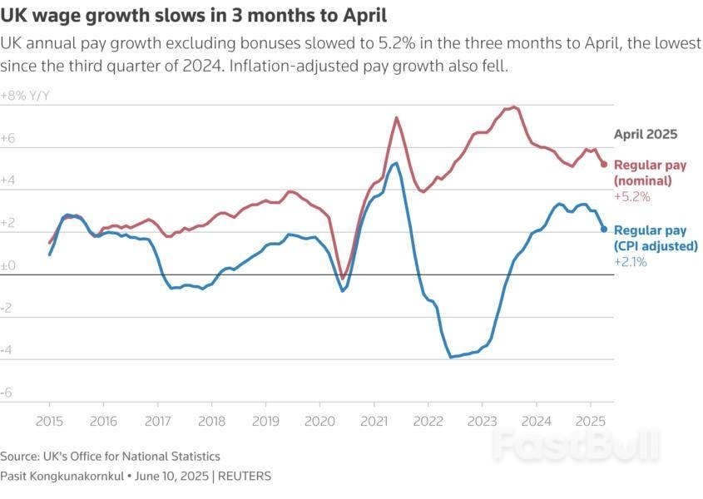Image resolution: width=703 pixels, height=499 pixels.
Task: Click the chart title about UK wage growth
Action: [x=193, y=15]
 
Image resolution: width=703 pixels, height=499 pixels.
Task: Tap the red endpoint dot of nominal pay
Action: [x=604, y=164]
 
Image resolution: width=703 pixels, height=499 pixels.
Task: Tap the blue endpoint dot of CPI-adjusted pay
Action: [x=604, y=230]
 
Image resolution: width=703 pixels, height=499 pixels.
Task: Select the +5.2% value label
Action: [x=631, y=197]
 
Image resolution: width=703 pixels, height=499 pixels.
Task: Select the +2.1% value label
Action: [x=631, y=261]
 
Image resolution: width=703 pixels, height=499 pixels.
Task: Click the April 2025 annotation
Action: [x=646, y=133]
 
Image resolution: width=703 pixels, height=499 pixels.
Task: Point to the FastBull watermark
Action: [x=575, y=445]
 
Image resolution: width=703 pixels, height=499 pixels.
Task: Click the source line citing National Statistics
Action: [x=110, y=456]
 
